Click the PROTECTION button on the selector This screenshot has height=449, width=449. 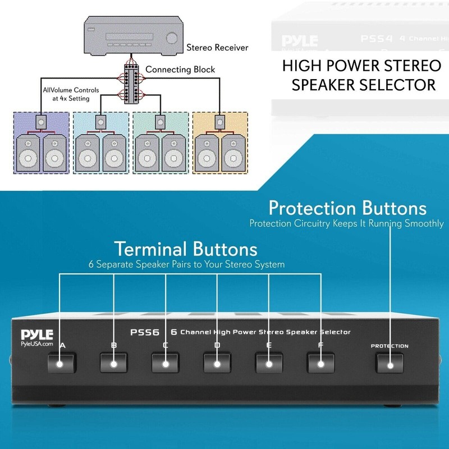(390, 364)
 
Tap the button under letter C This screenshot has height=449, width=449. (166, 364)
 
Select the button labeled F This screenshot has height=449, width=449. (320, 364)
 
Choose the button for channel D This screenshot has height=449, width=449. (217, 364)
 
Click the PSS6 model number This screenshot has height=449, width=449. (149, 332)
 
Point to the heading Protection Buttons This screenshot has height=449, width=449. (347, 208)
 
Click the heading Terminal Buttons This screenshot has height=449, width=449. (186, 249)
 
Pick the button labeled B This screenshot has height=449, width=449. (114, 364)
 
